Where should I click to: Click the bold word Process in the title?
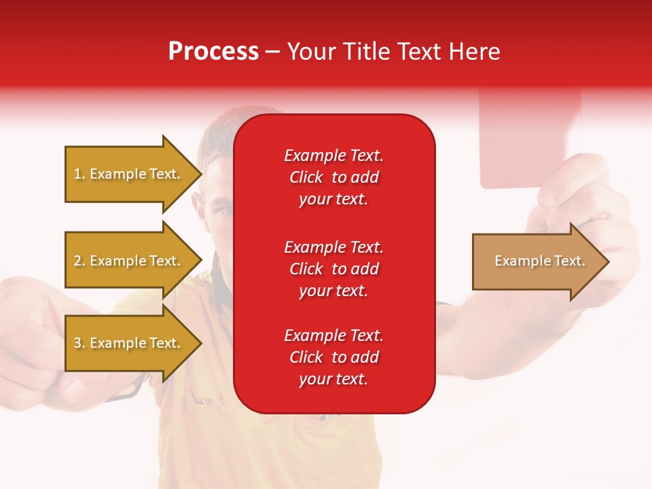tap(213, 52)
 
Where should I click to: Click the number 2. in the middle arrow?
tap(79, 261)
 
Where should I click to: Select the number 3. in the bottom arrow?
tap(79, 343)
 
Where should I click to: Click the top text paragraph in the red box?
tap(333, 177)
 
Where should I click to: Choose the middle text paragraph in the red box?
tap(333, 269)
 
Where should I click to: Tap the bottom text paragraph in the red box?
tap(333, 357)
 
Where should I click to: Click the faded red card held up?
tap(530, 136)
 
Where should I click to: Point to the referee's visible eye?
tap(224, 209)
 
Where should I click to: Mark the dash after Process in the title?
tap(272, 52)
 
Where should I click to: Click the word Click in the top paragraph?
tap(306, 177)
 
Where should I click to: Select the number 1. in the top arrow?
tap(79, 174)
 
